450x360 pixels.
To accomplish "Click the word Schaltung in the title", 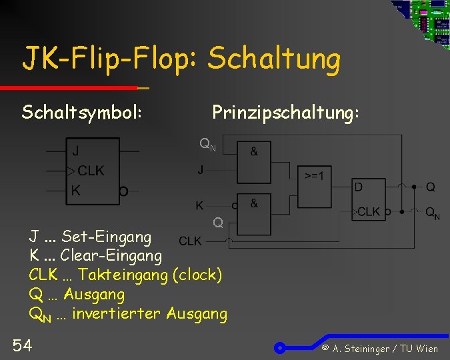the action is tap(274, 59).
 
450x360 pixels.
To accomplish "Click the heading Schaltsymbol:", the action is tap(82, 112).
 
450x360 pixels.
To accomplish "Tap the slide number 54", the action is tap(22, 345).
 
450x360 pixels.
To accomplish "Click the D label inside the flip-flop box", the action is tap(359, 187).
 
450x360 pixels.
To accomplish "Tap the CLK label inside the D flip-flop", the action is tap(369, 211).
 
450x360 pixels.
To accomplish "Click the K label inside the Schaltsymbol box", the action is tap(76, 191).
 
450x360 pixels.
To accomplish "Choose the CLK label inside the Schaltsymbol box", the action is tap(91, 171).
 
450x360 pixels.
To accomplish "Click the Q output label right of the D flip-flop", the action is tap(431, 187).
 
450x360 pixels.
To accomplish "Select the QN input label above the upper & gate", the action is tap(207, 144).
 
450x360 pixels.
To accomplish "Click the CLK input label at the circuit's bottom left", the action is tap(190, 240).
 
